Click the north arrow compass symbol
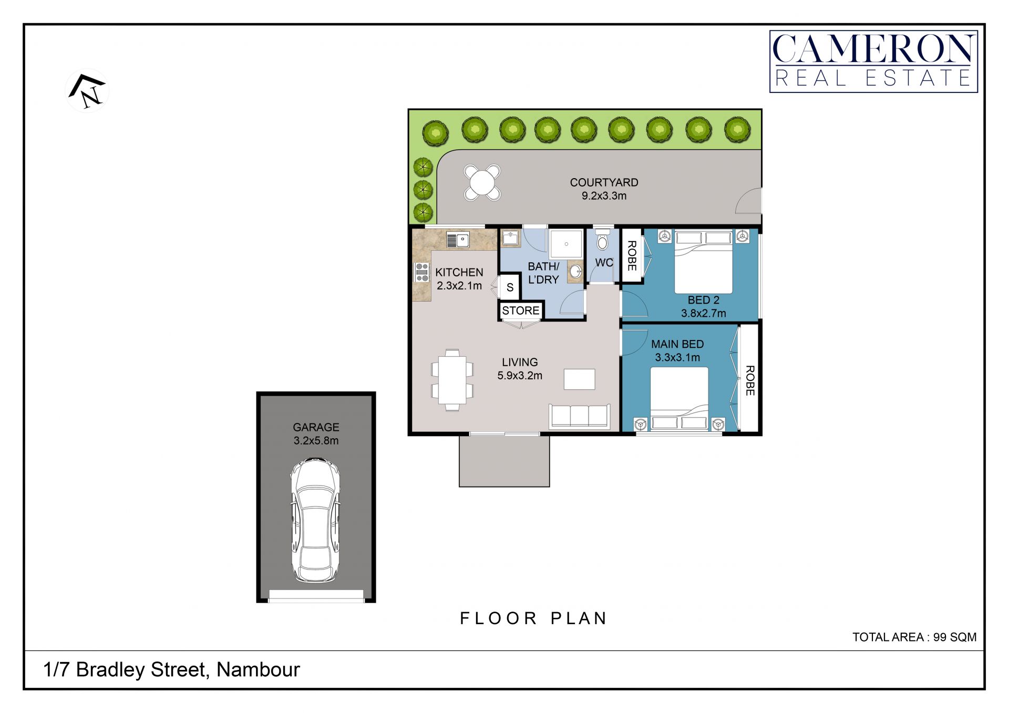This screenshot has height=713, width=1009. (87, 91)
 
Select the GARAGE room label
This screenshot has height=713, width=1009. (316, 427)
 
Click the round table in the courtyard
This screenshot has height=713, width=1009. (482, 183)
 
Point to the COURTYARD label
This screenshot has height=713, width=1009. (604, 182)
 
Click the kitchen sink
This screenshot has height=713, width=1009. (458, 240)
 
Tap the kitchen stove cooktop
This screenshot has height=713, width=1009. (422, 272)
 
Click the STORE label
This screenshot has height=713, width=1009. (521, 311)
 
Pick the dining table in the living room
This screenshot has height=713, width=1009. (452, 380)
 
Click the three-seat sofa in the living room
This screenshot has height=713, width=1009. (579, 416)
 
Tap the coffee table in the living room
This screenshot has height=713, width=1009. (580, 379)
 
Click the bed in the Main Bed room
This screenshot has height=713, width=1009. (679, 399)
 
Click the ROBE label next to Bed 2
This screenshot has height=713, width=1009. (632, 256)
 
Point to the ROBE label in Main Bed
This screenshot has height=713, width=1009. (750, 380)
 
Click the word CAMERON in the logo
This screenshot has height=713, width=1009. (873, 49)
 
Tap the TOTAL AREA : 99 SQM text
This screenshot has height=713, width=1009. (914, 637)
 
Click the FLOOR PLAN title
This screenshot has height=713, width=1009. (533, 618)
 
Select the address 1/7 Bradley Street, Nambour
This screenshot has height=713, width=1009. (171, 670)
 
